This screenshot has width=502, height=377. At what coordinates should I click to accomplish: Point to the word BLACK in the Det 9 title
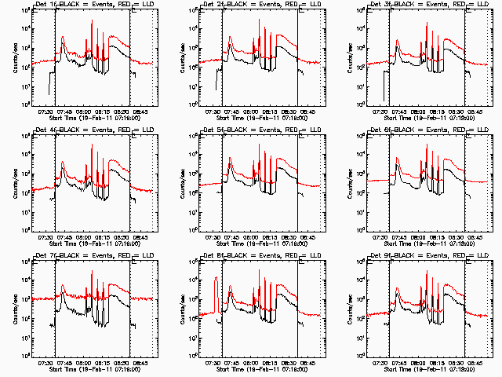407,257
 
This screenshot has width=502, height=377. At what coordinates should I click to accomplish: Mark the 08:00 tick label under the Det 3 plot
418,112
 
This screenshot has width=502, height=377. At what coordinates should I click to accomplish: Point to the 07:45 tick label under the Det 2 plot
231,112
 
